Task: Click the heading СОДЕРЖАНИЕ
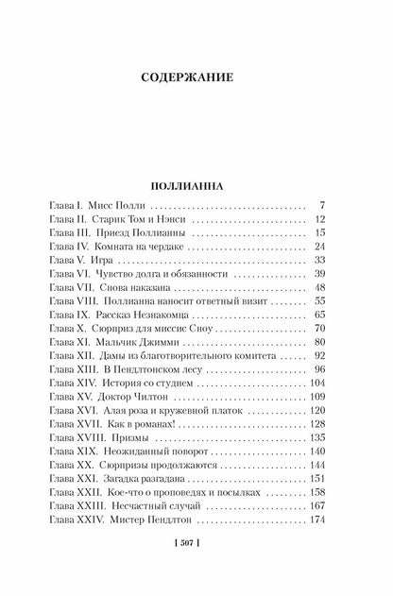tap(196, 74)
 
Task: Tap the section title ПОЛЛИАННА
tap(196, 184)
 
